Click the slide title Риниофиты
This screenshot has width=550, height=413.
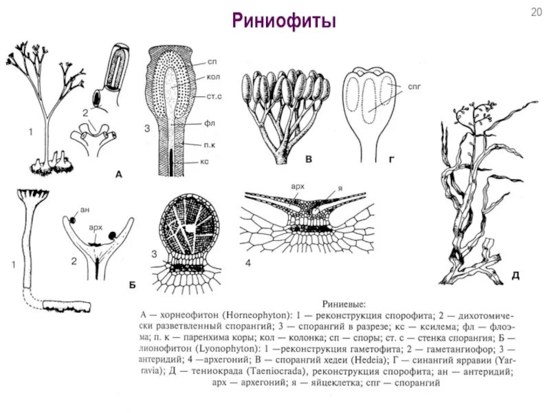coord(283,21)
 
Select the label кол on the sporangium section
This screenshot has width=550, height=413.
coord(213,78)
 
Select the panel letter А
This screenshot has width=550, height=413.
coord(118,175)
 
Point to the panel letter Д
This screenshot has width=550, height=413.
coord(515,276)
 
